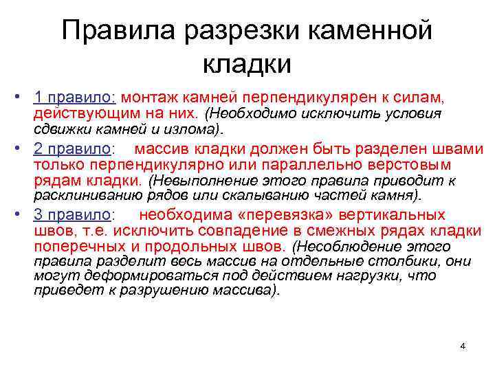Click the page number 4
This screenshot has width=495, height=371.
463,346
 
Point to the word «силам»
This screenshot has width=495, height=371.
437,98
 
